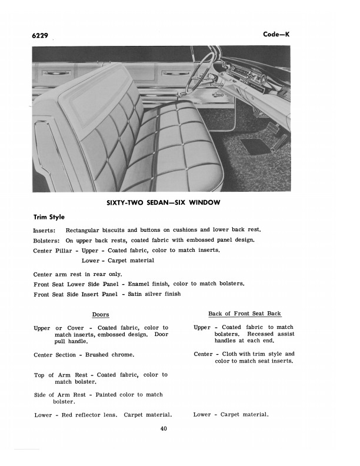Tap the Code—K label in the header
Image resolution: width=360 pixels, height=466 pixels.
point(276,34)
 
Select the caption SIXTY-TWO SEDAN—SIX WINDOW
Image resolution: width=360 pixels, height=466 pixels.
point(163,203)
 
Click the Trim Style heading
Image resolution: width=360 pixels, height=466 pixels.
point(49,217)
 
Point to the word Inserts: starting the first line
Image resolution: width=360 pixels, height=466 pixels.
point(45,230)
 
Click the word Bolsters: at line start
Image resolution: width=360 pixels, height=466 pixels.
point(46,240)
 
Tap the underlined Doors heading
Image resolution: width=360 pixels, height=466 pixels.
point(101,315)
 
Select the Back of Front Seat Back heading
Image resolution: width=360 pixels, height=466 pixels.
point(244,314)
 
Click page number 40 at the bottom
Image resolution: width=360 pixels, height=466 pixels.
point(164,428)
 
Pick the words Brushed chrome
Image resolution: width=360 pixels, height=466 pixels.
point(109,355)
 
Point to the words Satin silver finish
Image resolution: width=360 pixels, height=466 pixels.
point(155,294)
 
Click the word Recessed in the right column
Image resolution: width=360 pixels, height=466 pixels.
point(260,334)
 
